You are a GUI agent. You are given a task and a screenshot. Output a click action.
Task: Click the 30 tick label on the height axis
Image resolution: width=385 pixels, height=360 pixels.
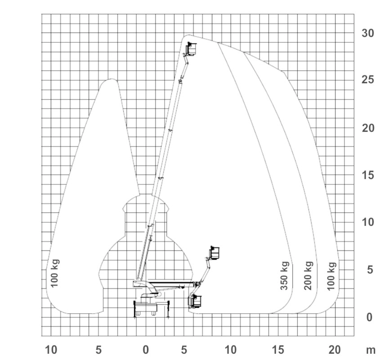coord(367,33)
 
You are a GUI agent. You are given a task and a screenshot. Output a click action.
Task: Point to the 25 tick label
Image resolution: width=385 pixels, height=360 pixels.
coord(367,80)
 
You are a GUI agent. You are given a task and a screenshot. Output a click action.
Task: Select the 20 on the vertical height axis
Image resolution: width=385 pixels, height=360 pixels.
coord(368,128)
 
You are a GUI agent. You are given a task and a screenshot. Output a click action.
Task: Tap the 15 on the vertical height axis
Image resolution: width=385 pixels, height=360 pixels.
coord(368,175)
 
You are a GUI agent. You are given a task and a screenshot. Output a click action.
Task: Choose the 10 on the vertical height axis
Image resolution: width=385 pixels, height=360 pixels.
coord(368,222)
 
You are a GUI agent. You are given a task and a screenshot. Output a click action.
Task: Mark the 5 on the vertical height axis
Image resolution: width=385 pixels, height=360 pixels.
coord(370,270)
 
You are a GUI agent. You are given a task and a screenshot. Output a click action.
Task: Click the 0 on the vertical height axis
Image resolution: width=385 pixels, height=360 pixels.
coord(369,317)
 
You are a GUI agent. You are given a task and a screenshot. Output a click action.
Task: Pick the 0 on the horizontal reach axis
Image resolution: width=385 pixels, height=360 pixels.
coord(146,350)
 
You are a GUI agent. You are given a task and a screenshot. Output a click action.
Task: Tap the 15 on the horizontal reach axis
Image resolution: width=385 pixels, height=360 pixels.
coord(278,350)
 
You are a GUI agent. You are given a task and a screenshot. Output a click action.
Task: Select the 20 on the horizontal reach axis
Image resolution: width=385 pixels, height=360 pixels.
coord(335,350)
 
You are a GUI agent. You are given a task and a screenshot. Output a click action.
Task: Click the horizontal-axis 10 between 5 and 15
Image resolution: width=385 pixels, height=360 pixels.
coord(231,350)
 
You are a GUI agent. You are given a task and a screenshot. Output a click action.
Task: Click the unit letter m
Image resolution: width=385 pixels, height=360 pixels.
coord(371,351)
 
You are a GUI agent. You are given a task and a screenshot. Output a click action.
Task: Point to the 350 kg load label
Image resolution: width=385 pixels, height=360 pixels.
coord(285,276)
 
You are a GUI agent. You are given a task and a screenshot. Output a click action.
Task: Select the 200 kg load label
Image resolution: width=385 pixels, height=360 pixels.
coord(309,276)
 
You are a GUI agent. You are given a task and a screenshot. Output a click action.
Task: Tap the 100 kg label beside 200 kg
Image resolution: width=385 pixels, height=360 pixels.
coord(331,276)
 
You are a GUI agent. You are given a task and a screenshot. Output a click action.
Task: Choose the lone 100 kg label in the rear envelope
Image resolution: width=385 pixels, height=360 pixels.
coord(54,273)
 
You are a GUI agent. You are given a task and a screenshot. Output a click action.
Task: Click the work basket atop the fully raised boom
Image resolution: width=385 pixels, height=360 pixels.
coord(192,49)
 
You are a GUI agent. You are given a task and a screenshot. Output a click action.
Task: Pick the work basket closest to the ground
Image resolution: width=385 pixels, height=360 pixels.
coord(195,301)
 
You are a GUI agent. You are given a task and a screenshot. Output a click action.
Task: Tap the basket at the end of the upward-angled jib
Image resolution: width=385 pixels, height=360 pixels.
coord(215,253)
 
